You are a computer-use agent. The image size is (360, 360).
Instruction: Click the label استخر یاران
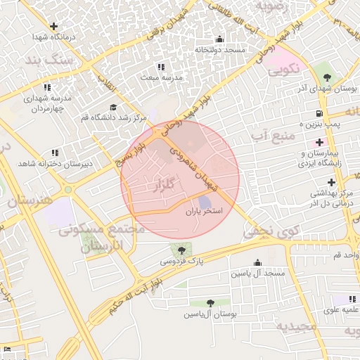click(x=204, y=211)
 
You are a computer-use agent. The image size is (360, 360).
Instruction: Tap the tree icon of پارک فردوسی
click(x=182, y=250)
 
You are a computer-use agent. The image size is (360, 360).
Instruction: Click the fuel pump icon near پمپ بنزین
click(x=320, y=113)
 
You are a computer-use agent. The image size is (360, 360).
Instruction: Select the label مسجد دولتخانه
click(x=220, y=50)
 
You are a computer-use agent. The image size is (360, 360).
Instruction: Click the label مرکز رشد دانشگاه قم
click(x=113, y=117)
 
